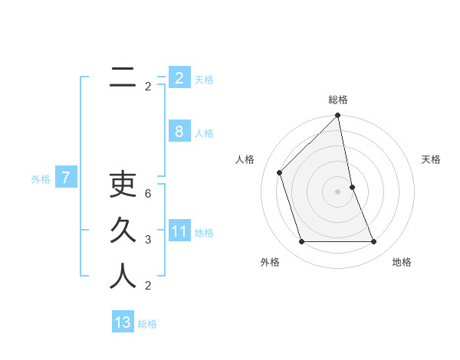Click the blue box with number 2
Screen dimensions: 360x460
pyautogui.click(x=179, y=77)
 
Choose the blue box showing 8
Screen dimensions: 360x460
pyautogui.click(x=179, y=132)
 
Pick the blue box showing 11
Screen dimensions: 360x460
pyautogui.click(x=179, y=231)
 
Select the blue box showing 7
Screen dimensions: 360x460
pyautogui.click(x=66, y=178)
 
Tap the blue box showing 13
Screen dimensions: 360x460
pyautogui.click(x=123, y=322)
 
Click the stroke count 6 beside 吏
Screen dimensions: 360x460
pyautogui.click(x=148, y=195)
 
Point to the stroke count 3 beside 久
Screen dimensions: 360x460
pyautogui.click(x=148, y=240)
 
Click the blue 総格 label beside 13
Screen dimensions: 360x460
pyautogui.click(x=147, y=324)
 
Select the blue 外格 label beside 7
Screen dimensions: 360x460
pyautogui.click(x=41, y=179)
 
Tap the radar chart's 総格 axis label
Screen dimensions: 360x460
pyautogui.click(x=338, y=100)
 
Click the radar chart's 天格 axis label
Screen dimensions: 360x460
pyautogui.click(x=431, y=159)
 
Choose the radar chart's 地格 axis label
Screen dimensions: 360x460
pyautogui.click(x=402, y=262)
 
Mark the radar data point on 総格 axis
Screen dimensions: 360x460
pyautogui.click(x=338, y=116)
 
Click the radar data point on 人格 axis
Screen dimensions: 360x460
pyautogui.click(x=280, y=172)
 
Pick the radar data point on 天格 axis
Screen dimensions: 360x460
pyautogui.click(x=352, y=187)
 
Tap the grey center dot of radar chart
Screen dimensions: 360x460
pyautogui.click(x=338, y=191)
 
